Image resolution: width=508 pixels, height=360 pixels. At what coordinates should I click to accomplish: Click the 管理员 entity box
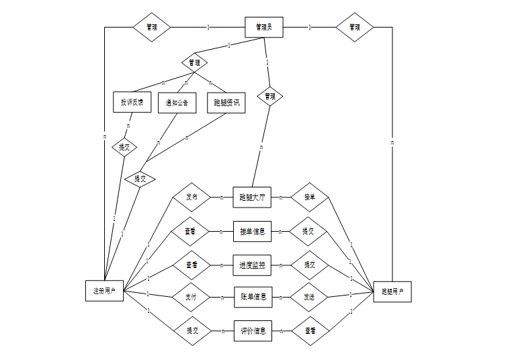tap(263, 28)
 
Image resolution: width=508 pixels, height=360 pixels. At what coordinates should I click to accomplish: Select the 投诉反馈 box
tap(132, 103)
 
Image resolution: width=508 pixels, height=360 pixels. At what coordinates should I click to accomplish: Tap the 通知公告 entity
tap(177, 103)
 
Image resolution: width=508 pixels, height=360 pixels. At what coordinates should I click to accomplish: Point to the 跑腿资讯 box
tap(226, 103)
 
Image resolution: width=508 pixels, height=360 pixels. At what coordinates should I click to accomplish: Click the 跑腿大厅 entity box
tap(252, 197)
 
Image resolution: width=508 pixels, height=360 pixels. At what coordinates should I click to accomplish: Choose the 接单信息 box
tap(252, 232)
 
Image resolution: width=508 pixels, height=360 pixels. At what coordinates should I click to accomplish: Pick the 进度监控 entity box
tap(252, 265)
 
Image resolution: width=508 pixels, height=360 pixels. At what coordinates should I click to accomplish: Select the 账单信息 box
tap(252, 296)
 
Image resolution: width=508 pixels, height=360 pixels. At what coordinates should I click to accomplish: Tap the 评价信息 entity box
tap(252, 330)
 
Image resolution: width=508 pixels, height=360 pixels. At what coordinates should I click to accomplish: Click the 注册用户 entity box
tap(104, 291)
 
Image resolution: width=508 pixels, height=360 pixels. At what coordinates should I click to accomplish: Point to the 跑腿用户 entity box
tap(392, 292)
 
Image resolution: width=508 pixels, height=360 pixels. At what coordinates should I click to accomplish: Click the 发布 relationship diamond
tap(192, 197)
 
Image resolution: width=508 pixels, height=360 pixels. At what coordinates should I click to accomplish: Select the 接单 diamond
tap(309, 197)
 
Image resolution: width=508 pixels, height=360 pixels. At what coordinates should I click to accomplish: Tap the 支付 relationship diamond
tap(192, 296)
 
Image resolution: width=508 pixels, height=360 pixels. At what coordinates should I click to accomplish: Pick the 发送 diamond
tap(309, 296)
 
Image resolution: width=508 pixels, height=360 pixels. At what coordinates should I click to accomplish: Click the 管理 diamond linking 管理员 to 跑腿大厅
tap(269, 96)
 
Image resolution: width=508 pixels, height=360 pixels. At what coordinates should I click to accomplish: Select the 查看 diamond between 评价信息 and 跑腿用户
tap(309, 331)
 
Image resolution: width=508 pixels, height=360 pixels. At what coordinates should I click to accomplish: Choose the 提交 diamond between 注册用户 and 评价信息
tap(192, 330)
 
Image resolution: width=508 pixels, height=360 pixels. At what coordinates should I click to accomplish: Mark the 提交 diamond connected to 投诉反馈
tap(124, 147)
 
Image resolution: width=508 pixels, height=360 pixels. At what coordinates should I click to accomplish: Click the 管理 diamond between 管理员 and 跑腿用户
tap(354, 28)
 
